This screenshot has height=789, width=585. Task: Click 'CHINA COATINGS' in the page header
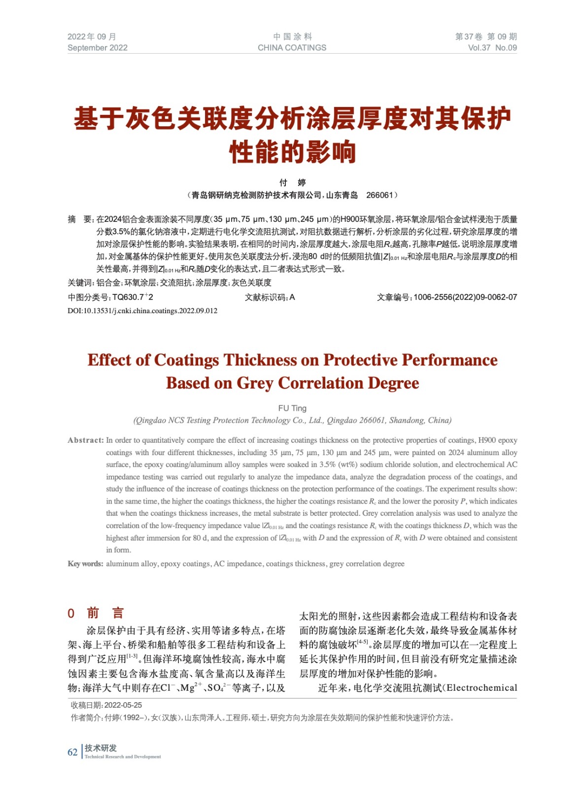click(x=292, y=48)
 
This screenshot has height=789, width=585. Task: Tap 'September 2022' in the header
click(x=97, y=48)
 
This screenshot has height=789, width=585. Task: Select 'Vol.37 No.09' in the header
click(x=492, y=48)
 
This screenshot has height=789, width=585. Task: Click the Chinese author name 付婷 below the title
click(x=292, y=182)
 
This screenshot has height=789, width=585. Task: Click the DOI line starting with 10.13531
click(x=142, y=311)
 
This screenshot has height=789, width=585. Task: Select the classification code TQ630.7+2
click(x=133, y=297)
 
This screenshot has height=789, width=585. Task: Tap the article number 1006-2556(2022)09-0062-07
click(x=465, y=297)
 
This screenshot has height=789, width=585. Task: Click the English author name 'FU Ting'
click(x=292, y=408)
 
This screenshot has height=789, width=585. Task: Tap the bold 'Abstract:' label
click(x=86, y=440)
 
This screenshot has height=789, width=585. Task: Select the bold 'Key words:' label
click(x=85, y=564)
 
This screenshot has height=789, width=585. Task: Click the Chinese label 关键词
click(x=80, y=283)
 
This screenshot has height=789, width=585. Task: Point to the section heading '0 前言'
click(x=96, y=613)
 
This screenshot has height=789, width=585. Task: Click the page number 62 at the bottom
click(x=72, y=752)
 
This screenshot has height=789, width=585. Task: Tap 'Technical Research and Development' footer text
click(x=123, y=756)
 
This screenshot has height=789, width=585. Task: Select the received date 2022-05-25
click(x=123, y=705)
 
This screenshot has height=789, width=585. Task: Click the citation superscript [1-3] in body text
click(x=132, y=656)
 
